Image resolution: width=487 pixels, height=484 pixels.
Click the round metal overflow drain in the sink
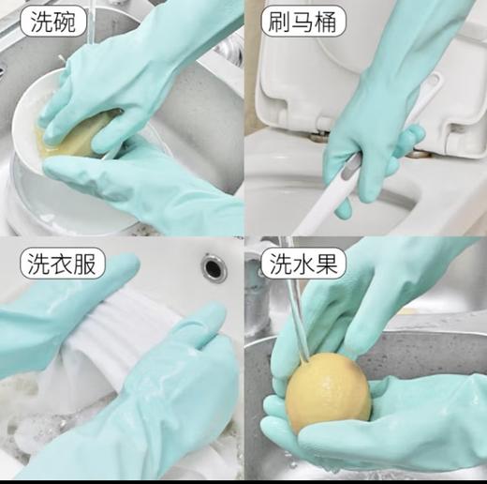[214, 266]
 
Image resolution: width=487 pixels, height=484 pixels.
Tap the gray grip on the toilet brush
[348, 170]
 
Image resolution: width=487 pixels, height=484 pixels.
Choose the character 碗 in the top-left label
[59, 20]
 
